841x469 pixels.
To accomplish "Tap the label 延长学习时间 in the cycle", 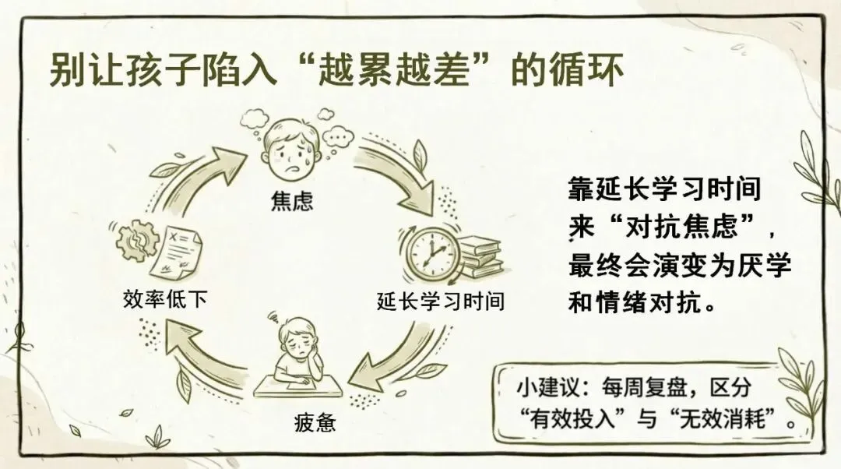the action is [x=440, y=301].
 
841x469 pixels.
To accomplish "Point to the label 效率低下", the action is [x=165, y=298].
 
